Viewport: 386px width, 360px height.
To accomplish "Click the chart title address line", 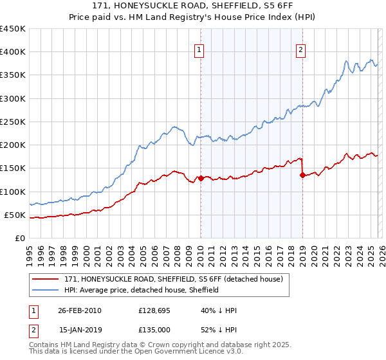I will pyautogui.click(x=192, y=6).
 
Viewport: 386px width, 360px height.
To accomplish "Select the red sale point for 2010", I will pyautogui.click(x=201, y=178).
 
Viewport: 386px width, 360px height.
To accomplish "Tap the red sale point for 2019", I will pyautogui.click(x=302, y=175).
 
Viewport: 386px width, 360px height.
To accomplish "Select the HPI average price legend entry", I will pyautogui.click(x=142, y=290).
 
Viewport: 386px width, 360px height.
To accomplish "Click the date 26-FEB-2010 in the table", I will pyautogui.click(x=79, y=310).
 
